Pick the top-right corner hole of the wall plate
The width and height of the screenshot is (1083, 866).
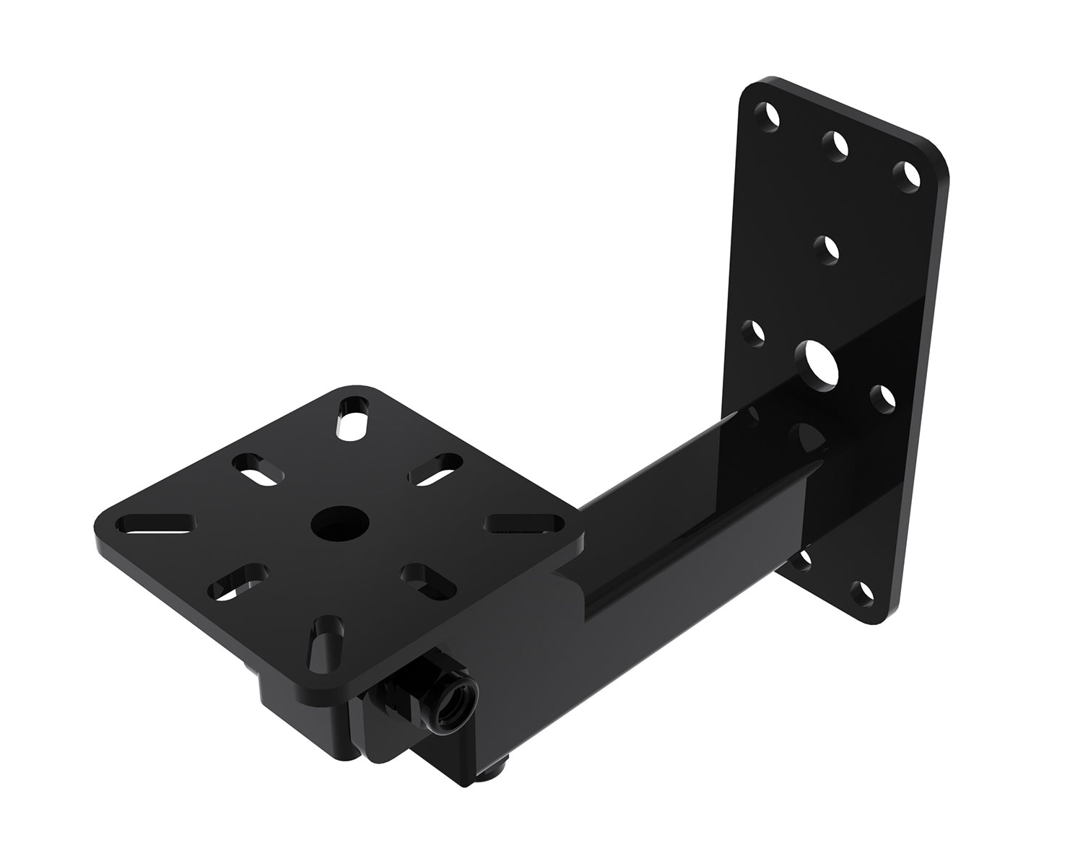pyautogui.click(x=905, y=174)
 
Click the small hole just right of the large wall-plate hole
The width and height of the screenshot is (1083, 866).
pyautogui.click(x=882, y=398)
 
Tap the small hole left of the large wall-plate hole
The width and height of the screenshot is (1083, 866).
pyautogui.click(x=755, y=333)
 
